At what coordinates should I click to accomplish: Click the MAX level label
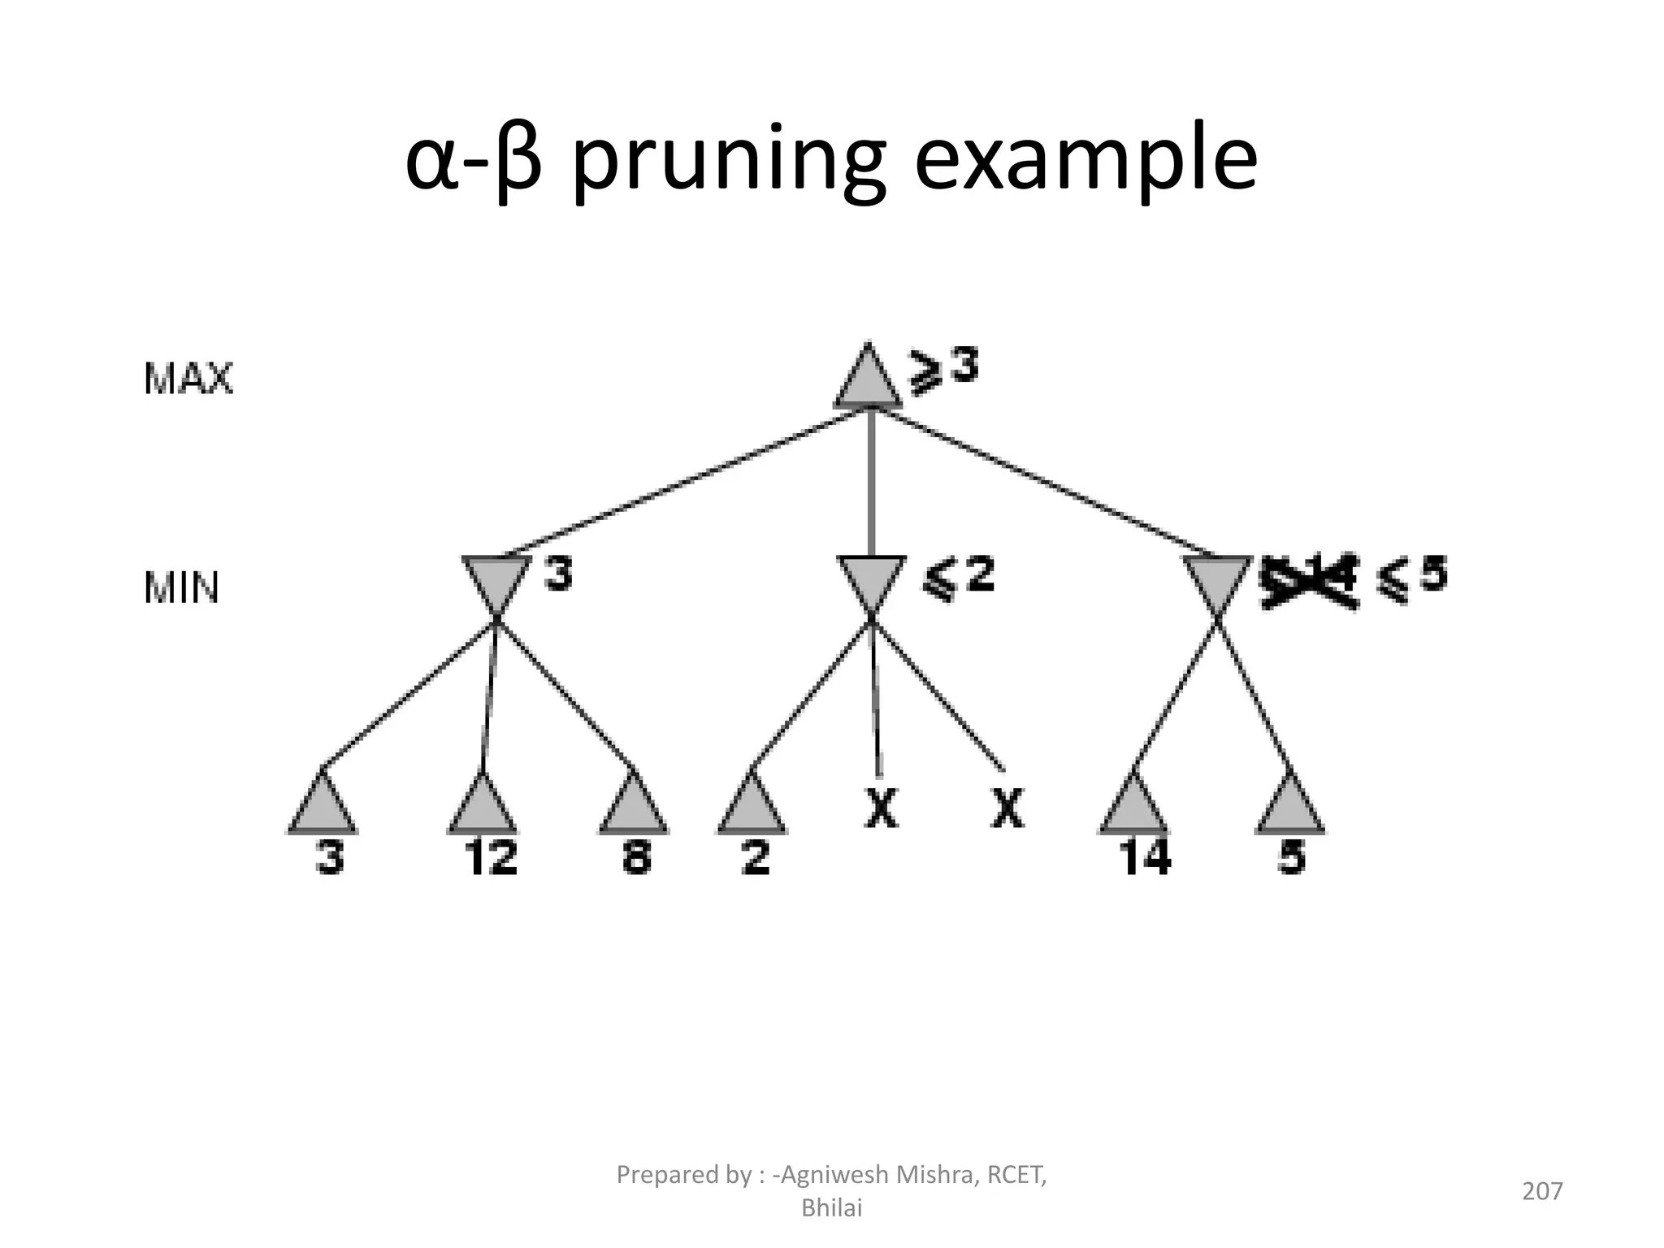(188, 379)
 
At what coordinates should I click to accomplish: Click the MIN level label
(181, 587)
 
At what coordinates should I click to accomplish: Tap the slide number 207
(1542, 1191)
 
